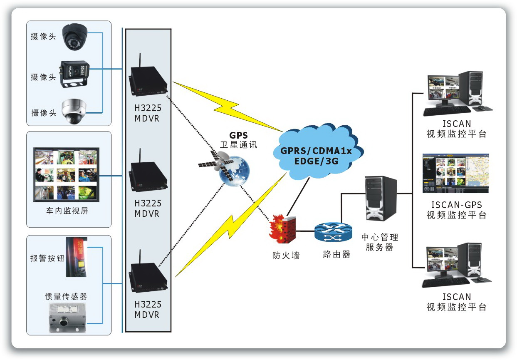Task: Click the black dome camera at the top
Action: pyautogui.click(x=76, y=37)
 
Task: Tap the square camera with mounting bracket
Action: pyautogui.click(x=75, y=73)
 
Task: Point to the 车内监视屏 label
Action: pyautogui.click(x=67, y=211)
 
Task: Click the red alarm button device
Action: pyautogui.click(x=77, y=257)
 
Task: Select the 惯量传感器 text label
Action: pyautogui.click(x=66, y=297)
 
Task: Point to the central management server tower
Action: pyautogui.click(x=380, y=198)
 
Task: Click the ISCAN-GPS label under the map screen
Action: pyautogui.click(x=456, y=205)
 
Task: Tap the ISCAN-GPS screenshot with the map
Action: pyautogui.click(x=455, y=173)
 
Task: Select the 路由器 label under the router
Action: pyautogui.click(x=336, y=255)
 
